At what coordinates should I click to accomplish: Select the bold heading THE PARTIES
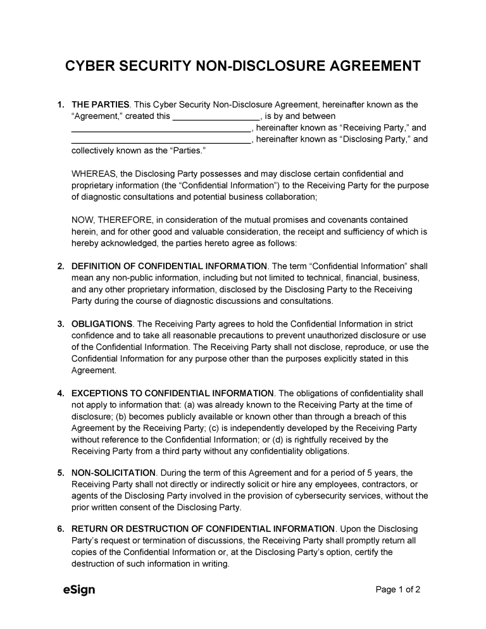pos(101,104)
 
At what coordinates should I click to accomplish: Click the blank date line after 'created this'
pos(216,116)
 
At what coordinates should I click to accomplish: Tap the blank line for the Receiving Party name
pos(161,128)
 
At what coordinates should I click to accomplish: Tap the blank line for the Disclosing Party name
pos(161,140)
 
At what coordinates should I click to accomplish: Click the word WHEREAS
pos(93,173)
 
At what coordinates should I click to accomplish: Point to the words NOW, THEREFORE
pos(111,220)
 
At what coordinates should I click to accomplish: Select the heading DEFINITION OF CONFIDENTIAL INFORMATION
pos(169,266)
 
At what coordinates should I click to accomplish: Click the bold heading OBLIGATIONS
pos(102,324)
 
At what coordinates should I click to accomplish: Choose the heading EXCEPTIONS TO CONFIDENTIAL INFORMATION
pos(173,394)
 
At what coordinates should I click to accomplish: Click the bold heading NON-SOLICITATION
pos(113,473)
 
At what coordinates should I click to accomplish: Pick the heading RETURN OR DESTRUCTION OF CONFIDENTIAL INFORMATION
pos(203,528)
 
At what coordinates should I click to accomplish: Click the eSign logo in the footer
pos(79,590)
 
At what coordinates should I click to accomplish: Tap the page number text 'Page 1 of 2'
pos(398,590)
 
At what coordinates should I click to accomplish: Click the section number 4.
pos(60,394)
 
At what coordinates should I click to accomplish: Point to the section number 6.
pos(60,528)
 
